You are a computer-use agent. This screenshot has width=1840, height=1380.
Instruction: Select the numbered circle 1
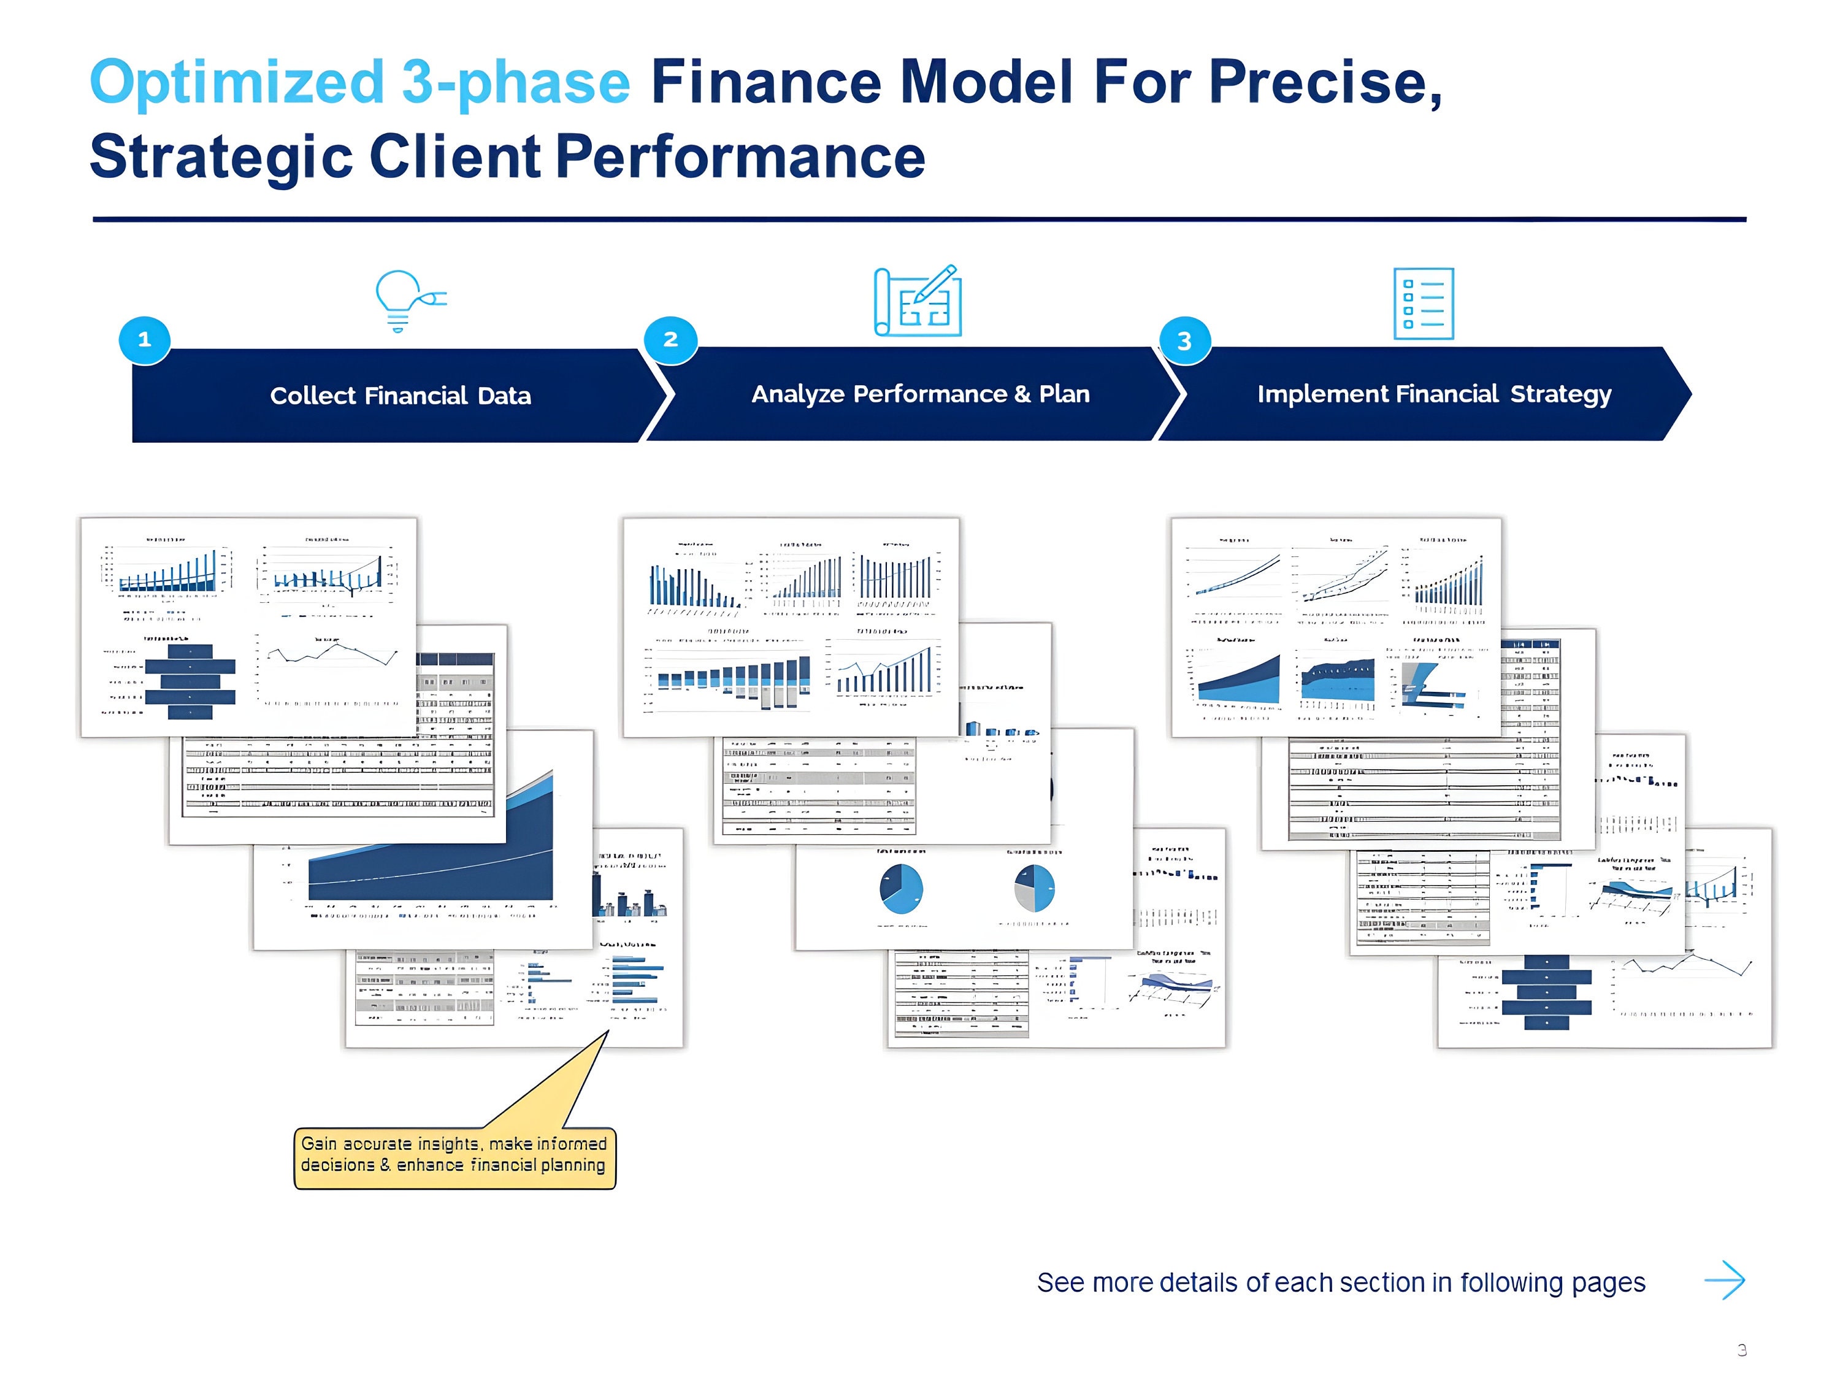pyautogui.click(x=145, y=339)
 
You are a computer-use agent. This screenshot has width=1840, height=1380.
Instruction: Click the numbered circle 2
pyautogui.click(x=670, y=339)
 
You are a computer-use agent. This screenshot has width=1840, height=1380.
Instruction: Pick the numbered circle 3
pyautogui.click(x=1184, y=340)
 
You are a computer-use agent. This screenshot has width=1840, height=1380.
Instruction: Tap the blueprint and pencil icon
pyautogui.click(x=918, y=301)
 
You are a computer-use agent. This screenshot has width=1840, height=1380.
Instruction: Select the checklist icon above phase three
pyautogui.click(x=1424, y=304)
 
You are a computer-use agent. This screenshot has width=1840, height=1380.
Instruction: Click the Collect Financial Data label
pyautogui.click(x=400, y=396)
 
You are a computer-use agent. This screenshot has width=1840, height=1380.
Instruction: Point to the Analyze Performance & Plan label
pyautogui.click(x=920, y=394)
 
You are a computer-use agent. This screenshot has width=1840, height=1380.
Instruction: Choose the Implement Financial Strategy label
pyautogui.click(x=1433, y=394)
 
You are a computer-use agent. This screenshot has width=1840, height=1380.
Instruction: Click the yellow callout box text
pyautogui.click(x=454, y=1154)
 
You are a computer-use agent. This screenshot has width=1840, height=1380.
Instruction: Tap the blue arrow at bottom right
pyautogui.click(x=1725, y=1280)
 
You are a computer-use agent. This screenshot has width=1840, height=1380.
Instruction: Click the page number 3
pyautogui.click(x=1741, y=1350)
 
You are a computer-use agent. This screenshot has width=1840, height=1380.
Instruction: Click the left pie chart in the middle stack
pyautogui.click(x=901, y=888)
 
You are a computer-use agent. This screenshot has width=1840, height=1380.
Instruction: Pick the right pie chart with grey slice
pyautogui.click(x=1034, y=888)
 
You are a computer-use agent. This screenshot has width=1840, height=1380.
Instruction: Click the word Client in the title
pyautogui.click(x=455, y=157)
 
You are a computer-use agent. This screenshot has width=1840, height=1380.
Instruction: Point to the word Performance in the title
pyautogui.click(x=740, y=157)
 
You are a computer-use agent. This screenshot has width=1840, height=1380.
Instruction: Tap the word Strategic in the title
pyautogui.click(x=221, y=157)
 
